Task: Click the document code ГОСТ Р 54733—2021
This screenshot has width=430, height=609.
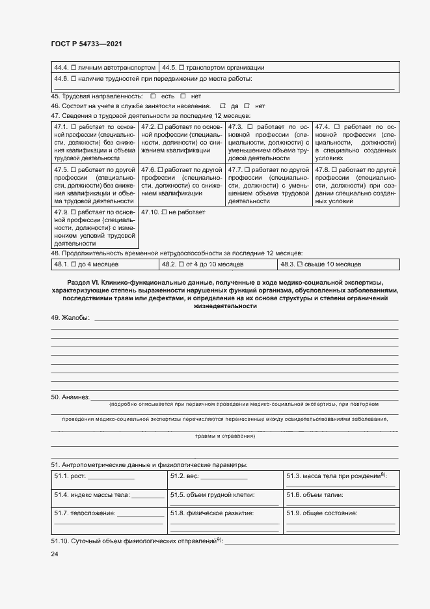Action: [x=86, y=44]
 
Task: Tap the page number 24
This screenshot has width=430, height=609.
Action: [x=55, y=554]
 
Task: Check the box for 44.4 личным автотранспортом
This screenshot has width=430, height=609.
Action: [x=74, y=67]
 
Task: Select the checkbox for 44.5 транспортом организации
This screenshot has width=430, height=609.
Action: [x=181, y=67]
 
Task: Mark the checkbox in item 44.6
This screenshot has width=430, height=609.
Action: [x=74, y=78]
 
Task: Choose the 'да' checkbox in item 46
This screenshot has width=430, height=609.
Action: [x=222, y=106]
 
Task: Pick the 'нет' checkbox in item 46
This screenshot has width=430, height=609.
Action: [x=248, y=106]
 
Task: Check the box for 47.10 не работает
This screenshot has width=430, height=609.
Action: [x=164, y=212]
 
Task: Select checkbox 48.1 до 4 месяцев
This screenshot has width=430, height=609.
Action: [x=74, y=264]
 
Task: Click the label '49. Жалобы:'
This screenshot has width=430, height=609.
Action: [x=71, y=318]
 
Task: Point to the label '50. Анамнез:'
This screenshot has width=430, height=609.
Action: [x=70, y=397]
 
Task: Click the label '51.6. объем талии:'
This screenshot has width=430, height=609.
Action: [x=317, y=495]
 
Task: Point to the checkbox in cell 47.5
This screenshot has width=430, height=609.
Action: [x=74, y=169]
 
